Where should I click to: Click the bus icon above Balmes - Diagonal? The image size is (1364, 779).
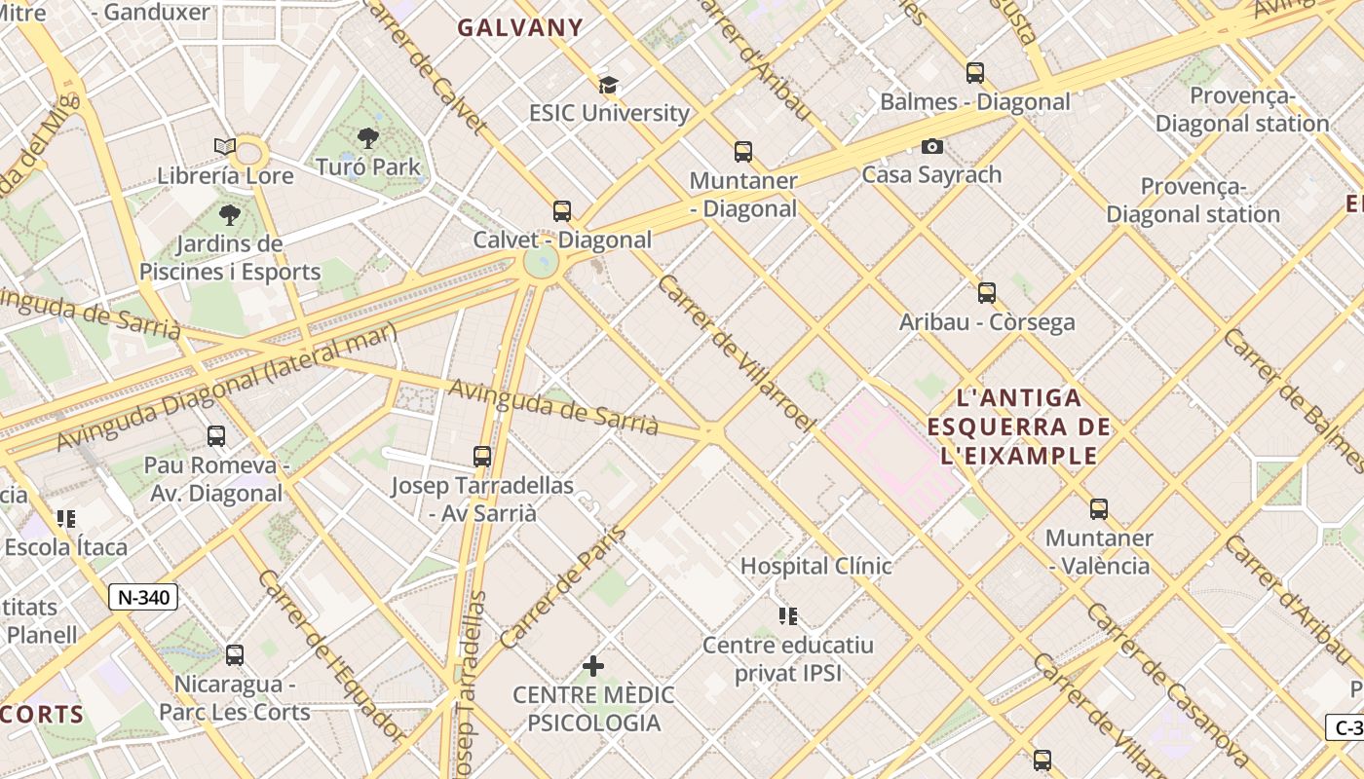pos(974,73)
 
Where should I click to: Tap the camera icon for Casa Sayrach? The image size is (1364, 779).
pos(932,147)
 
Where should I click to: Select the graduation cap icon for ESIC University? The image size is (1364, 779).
pos(609,85)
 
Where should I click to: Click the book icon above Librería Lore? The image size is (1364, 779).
pos(225,147)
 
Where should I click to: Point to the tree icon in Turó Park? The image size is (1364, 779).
pos(368,138)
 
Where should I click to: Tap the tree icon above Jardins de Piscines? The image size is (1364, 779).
pos(230,215)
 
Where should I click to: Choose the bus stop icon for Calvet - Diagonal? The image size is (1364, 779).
pos(562,211)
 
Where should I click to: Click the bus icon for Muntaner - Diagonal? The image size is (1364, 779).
pos(743,152)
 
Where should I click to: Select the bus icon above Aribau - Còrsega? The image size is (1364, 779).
pos(987,293)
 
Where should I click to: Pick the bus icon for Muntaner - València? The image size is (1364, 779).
pos(1099,509)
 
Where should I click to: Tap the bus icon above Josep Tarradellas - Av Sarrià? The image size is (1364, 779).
pos(482,457)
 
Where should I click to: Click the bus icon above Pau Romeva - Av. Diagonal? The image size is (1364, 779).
pos(216,436)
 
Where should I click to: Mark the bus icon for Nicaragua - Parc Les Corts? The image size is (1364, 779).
pos(235,655)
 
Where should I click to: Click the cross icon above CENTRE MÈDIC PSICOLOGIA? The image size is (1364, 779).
pos(593,666)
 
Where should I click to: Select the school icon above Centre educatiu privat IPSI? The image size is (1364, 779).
pos(788,615)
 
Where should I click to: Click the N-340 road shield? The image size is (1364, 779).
pos(144,597)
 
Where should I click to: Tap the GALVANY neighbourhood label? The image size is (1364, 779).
pos(520,28)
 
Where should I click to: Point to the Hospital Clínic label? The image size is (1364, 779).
pos(815,566)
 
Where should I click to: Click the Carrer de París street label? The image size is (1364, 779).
pos(563,587)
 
